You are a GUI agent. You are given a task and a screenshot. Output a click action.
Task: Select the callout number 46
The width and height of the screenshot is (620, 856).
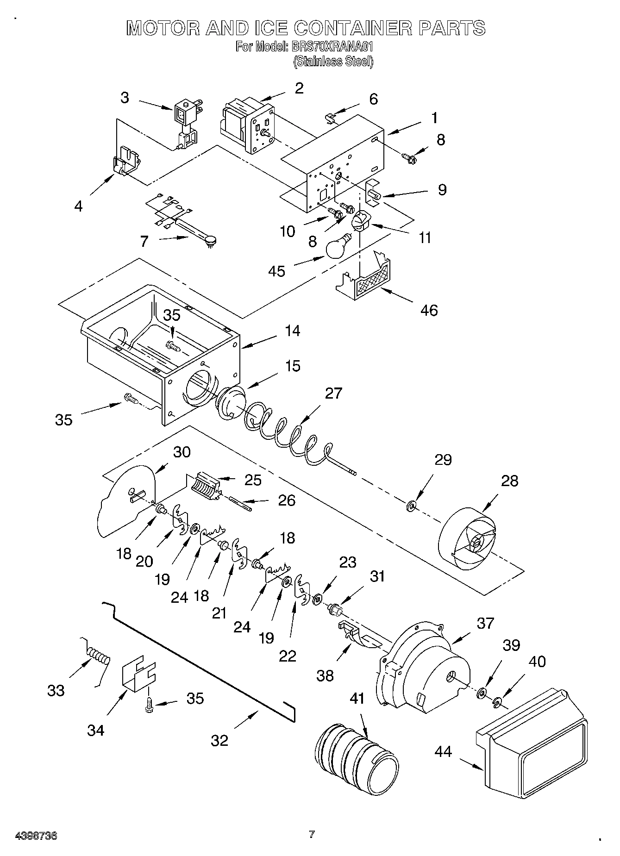coord(429,310)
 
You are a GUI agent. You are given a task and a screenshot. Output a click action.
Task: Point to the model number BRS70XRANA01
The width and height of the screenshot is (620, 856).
coord(332,47)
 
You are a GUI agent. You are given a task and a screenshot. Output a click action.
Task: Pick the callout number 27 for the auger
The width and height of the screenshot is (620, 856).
coord(333,393)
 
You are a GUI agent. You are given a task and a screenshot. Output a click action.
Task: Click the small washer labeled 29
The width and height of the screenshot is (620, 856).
coord(411,507)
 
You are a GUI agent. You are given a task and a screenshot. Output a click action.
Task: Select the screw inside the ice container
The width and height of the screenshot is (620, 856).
coord(173,346)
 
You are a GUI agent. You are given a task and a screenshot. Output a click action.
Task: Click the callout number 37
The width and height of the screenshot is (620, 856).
coord(485,623)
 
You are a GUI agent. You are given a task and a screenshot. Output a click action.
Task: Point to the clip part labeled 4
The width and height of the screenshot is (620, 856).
coord(125,161)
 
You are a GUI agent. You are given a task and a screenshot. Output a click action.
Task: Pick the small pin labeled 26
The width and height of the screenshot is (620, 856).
coord(240,504)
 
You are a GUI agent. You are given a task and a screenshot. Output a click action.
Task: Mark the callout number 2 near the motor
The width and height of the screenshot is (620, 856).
coord(299,88)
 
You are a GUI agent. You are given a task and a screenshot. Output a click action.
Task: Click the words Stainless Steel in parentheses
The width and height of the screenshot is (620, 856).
coord(333,61)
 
